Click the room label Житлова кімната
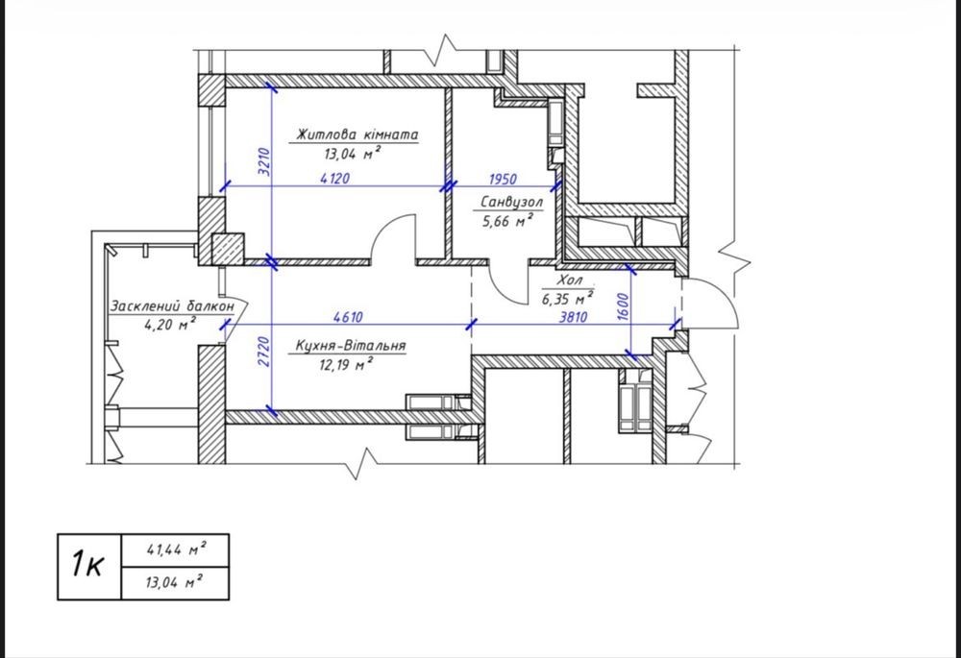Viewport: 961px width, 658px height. pyautogui.click(x=357, y=134)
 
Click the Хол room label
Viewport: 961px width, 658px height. pyautogui.click(x=569, y=280)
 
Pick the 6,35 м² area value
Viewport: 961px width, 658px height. pyautogui.click(x=567, y=299)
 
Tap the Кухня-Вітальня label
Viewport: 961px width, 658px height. pyautogui.click(x=351, y=346)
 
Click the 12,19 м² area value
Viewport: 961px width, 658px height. pyautogui.click(x=346, y=365)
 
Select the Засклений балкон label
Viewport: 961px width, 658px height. pyautogui.click(x=172, y=305)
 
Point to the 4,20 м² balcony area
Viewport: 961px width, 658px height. pyautogui.click(x=170, y=324)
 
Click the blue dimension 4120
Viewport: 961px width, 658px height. pyautogui.click(x=335, y=179)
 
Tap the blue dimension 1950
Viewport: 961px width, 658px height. pyautogui.click(x=503, y=179)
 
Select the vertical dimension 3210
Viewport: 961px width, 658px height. pyautogui.click(x=263, y=161)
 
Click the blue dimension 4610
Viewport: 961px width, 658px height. pyautogui.click(x=348, y=317)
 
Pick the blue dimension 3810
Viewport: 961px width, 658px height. pyautogui.click(x=573, y=317)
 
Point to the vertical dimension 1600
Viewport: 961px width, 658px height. pyautogui.click(x=623, y=307)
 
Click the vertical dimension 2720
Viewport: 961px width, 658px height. pyautogui.click(x=263, y=352)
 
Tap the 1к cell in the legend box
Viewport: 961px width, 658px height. pyautogui.click(x=89, y=567)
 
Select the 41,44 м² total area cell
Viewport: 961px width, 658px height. pyautogui.click(x=176, y=549)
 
